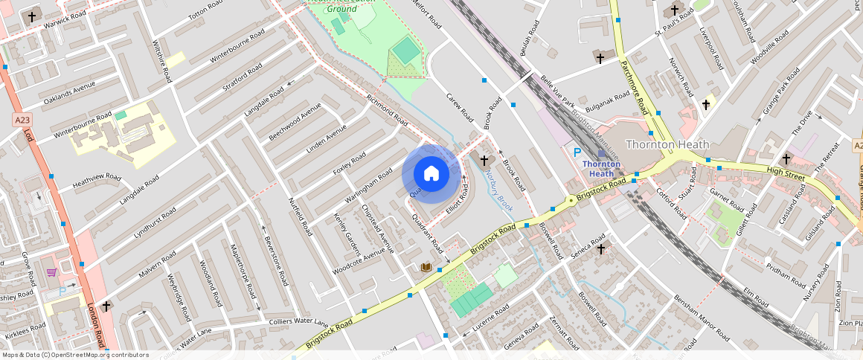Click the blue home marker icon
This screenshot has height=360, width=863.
point(431,174)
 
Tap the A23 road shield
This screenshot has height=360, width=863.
point(22,119)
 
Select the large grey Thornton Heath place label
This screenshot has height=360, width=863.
point(667,144)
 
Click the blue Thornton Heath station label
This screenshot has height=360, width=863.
point(601,168)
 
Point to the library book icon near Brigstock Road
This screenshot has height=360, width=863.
point(426,267)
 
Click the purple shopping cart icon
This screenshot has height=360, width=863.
point(51,273)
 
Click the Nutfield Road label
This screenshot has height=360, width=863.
point(301,216)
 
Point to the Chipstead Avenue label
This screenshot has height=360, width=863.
point(376,224)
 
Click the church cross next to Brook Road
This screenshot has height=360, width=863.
point(484,160)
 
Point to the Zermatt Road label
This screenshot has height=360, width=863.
point(563,332)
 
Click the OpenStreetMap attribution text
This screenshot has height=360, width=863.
point(76,355)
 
